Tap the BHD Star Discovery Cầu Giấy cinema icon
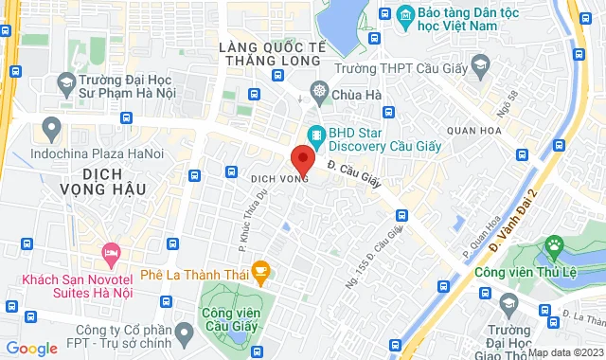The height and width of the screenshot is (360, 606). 315,135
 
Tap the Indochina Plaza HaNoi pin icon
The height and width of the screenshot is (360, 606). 53,128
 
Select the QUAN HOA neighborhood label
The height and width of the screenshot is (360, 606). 477,133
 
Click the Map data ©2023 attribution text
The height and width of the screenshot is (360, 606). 565,352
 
